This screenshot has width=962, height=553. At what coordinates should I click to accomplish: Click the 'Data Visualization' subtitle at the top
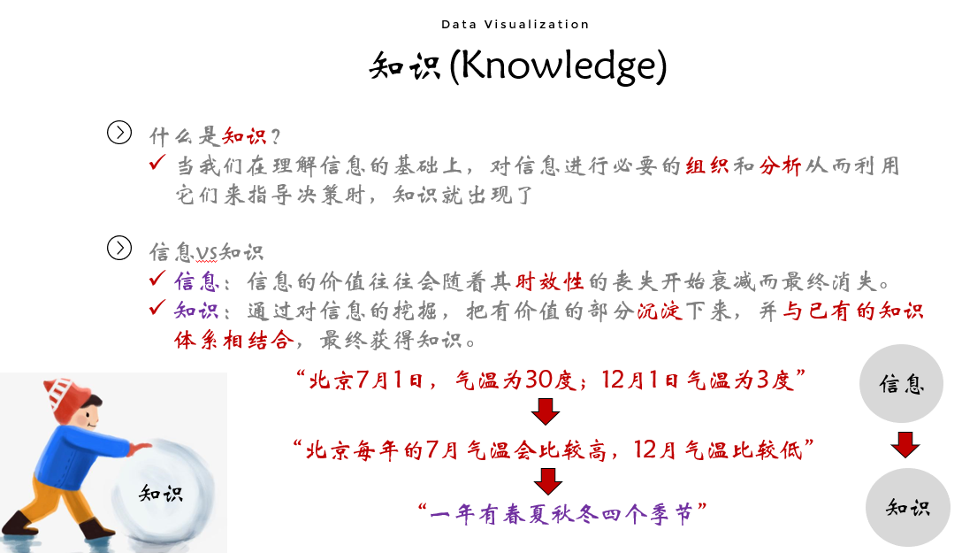[515, 25]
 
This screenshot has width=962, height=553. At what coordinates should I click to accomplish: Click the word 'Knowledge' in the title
[557, 65]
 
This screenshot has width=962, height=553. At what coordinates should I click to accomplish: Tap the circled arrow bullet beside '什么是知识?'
[119, 132]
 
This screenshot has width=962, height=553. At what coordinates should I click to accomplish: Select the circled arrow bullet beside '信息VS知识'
[119, 248]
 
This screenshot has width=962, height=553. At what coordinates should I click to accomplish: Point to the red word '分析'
[780, 165]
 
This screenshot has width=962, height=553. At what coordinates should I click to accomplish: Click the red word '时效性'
[549, 281]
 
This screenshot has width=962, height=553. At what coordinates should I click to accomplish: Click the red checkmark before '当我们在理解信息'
[157, 162]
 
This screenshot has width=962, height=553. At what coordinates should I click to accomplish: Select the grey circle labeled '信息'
[901, 383]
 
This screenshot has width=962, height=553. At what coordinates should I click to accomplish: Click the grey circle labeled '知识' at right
[908, 507]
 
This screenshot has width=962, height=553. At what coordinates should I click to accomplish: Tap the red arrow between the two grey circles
[905, 444]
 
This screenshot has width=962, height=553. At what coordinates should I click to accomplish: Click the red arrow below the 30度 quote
[546, 411]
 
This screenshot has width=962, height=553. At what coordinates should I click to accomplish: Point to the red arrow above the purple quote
[548, 481]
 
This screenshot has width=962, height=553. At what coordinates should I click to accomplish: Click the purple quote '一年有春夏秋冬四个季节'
[561, 513]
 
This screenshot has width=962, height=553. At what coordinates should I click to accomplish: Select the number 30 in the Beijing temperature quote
[538, 380]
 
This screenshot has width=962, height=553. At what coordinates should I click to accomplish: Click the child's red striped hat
[65, 397]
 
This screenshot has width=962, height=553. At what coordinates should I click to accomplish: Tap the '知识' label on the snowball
[161, 493]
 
